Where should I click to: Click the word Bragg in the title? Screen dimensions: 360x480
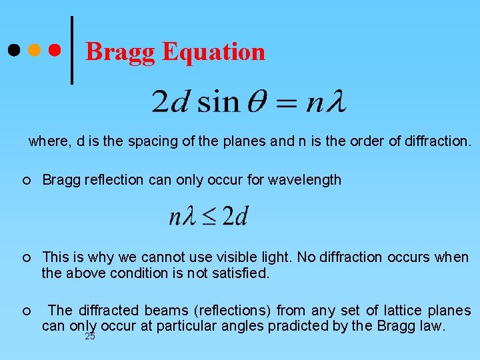click(x=121, y=51)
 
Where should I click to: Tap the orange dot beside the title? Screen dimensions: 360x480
click(x=33, y=51)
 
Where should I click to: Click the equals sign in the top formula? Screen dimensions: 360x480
click(x=287, y=103)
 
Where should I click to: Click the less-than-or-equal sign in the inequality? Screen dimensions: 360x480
click(x=209, y=217)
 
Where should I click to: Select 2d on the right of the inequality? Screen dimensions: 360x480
click(x=235, y=216)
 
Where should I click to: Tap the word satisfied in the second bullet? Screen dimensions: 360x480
click(x=243, y=273)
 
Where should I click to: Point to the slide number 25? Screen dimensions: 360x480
click(x=90, y=337)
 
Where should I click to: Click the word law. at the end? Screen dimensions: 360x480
click(x=431, y=326)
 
